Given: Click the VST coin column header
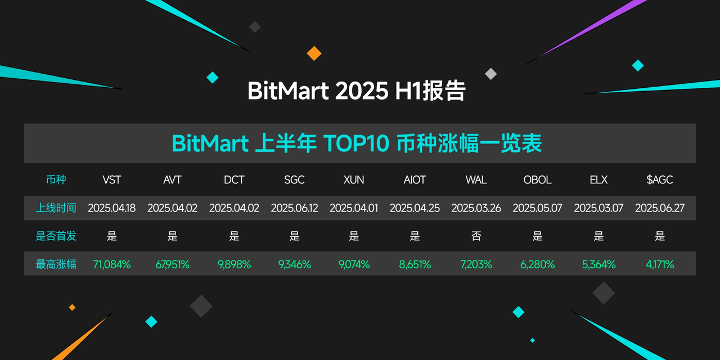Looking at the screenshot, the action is point(111,179).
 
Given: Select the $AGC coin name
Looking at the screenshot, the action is point(660,179).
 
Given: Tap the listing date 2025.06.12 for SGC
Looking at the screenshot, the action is point(294,208).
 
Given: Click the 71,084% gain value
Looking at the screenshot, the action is point(111,264).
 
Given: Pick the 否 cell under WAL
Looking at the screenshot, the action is point(476,236).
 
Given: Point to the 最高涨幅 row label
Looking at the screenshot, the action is point(56,264).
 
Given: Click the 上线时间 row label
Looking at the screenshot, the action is point(56,208).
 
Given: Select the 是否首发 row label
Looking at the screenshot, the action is point(56,236).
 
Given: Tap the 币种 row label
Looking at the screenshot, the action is point(56,179).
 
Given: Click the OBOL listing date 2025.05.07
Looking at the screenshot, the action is point(537,208).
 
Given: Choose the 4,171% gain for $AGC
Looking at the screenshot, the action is point(660,264).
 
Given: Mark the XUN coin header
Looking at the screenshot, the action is point(354,179).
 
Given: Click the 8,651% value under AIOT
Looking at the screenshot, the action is point(415,264).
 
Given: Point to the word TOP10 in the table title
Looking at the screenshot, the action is point(356,143).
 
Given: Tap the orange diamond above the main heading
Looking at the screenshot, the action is point(314,53).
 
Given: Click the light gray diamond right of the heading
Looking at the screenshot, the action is point(491,74).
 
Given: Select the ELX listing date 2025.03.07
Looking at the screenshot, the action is point(598,208).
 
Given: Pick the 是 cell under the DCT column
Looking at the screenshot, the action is point(234,236).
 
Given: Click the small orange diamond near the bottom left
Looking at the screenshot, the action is point(72,308).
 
